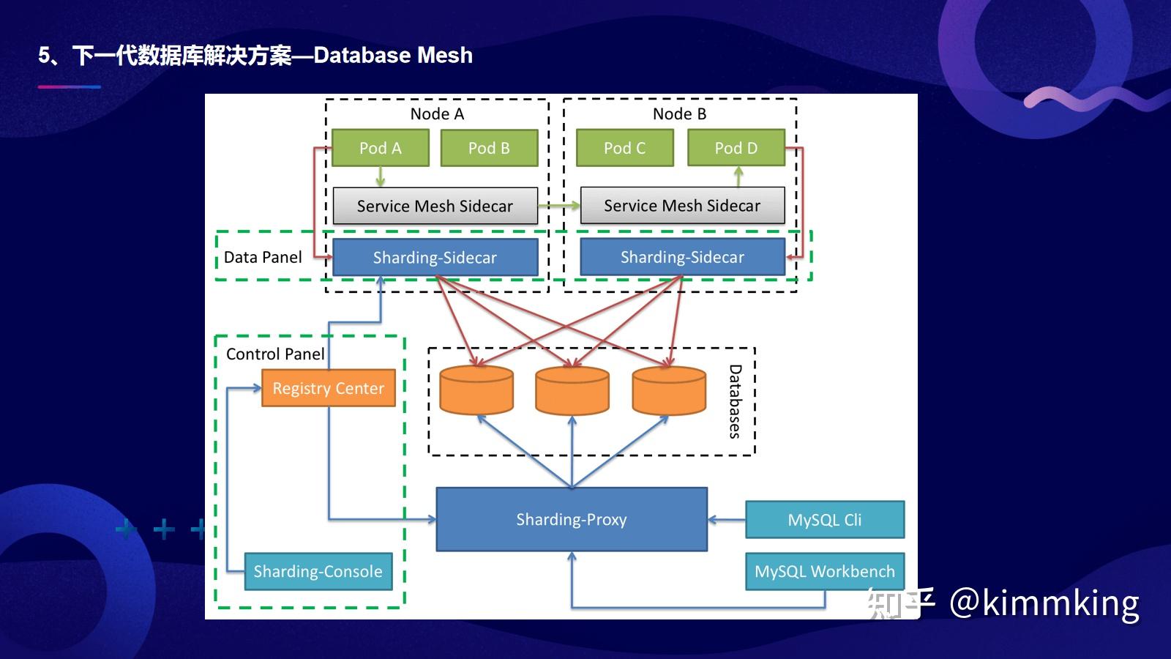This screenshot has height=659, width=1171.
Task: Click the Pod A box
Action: coord(380,148)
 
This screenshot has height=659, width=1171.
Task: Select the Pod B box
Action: coord(489,148)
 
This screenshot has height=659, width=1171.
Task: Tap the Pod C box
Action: coord(624,148)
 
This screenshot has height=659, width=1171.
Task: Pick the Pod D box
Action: coord(736,148)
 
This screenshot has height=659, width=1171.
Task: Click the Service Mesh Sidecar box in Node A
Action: coord(435,206)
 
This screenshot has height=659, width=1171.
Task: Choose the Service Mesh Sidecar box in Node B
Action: coord(682,206)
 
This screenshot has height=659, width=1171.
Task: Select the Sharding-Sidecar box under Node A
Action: coord(435,257)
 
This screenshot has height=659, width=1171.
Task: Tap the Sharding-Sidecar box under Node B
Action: coord(682,257)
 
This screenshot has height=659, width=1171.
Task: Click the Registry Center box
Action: coord(328,388)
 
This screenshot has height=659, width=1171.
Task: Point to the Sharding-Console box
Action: coord(318,571)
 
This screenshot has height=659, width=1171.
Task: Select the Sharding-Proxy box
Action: coord(572,519)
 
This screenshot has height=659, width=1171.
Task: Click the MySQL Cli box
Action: coord(825,520)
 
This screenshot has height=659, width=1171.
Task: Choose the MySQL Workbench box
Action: coord(825,571)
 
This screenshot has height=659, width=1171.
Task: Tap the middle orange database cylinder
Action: coord(572,390)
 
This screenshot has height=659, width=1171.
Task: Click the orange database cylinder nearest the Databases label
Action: coord(669,390)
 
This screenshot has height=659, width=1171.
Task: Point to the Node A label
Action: coord(437,114)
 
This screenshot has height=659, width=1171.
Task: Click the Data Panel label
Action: coord(263,257)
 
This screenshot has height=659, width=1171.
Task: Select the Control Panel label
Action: coord(275,354)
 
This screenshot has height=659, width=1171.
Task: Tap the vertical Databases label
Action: coord(735,401)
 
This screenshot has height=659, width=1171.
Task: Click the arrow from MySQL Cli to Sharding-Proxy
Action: coord(727,520)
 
